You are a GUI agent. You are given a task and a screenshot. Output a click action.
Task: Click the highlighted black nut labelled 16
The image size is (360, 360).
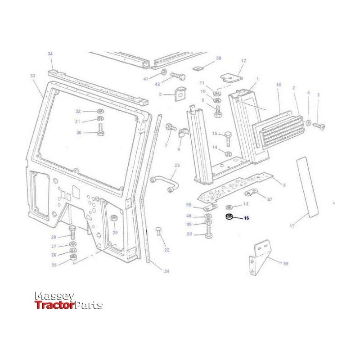229,217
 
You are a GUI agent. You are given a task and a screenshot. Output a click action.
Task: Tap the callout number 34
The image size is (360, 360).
50,54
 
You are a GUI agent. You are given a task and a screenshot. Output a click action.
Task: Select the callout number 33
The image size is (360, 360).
32,76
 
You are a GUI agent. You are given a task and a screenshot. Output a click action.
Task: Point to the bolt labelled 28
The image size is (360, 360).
72,232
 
